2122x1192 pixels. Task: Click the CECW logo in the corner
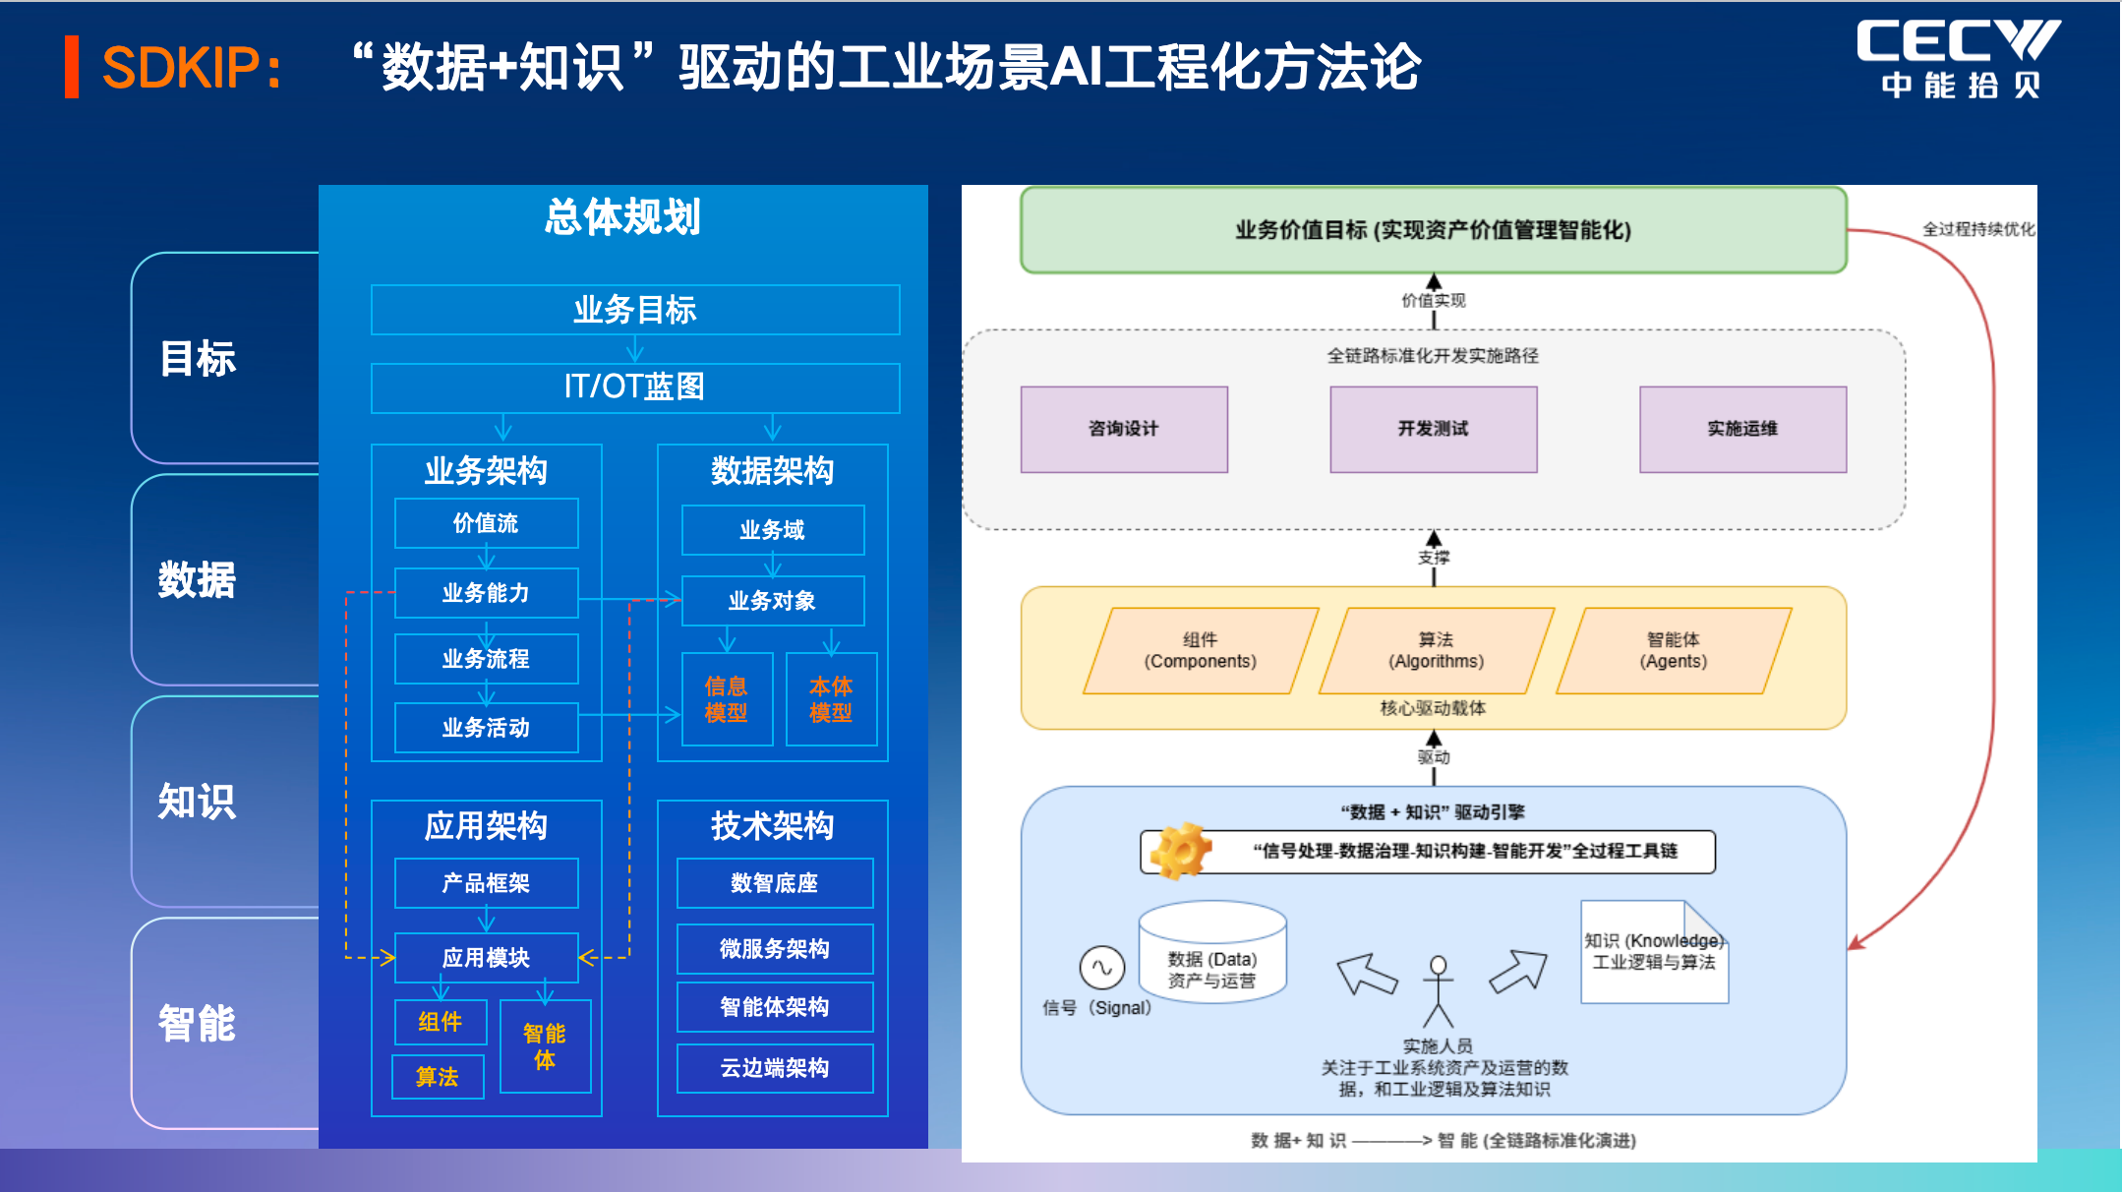pos(1958,58)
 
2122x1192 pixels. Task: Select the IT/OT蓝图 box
pos(634,387)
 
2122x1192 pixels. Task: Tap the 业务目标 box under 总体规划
pos(634,310)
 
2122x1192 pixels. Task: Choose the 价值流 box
pos(486,523)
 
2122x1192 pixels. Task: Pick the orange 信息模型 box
pos(726,699)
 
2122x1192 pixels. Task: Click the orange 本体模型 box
pos(831,699)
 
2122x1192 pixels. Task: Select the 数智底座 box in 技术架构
pos(774,883)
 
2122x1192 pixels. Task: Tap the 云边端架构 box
pos(774,1068)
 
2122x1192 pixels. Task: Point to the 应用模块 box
pos(486,957)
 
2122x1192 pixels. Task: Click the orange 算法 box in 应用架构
pos(438,1077)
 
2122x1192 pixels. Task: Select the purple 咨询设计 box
pos(1124,429)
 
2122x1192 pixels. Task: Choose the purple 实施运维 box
pos(1742,429)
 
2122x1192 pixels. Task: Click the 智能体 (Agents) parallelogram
pos(1674,651)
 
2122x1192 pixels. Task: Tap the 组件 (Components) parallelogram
pos(1200,651)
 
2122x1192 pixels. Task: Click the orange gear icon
pos(1181,850)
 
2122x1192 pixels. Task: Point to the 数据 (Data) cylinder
pos(1211,952)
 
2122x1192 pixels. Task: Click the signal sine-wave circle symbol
pos(1101,968)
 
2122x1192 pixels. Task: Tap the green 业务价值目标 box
pos(1433,230)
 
